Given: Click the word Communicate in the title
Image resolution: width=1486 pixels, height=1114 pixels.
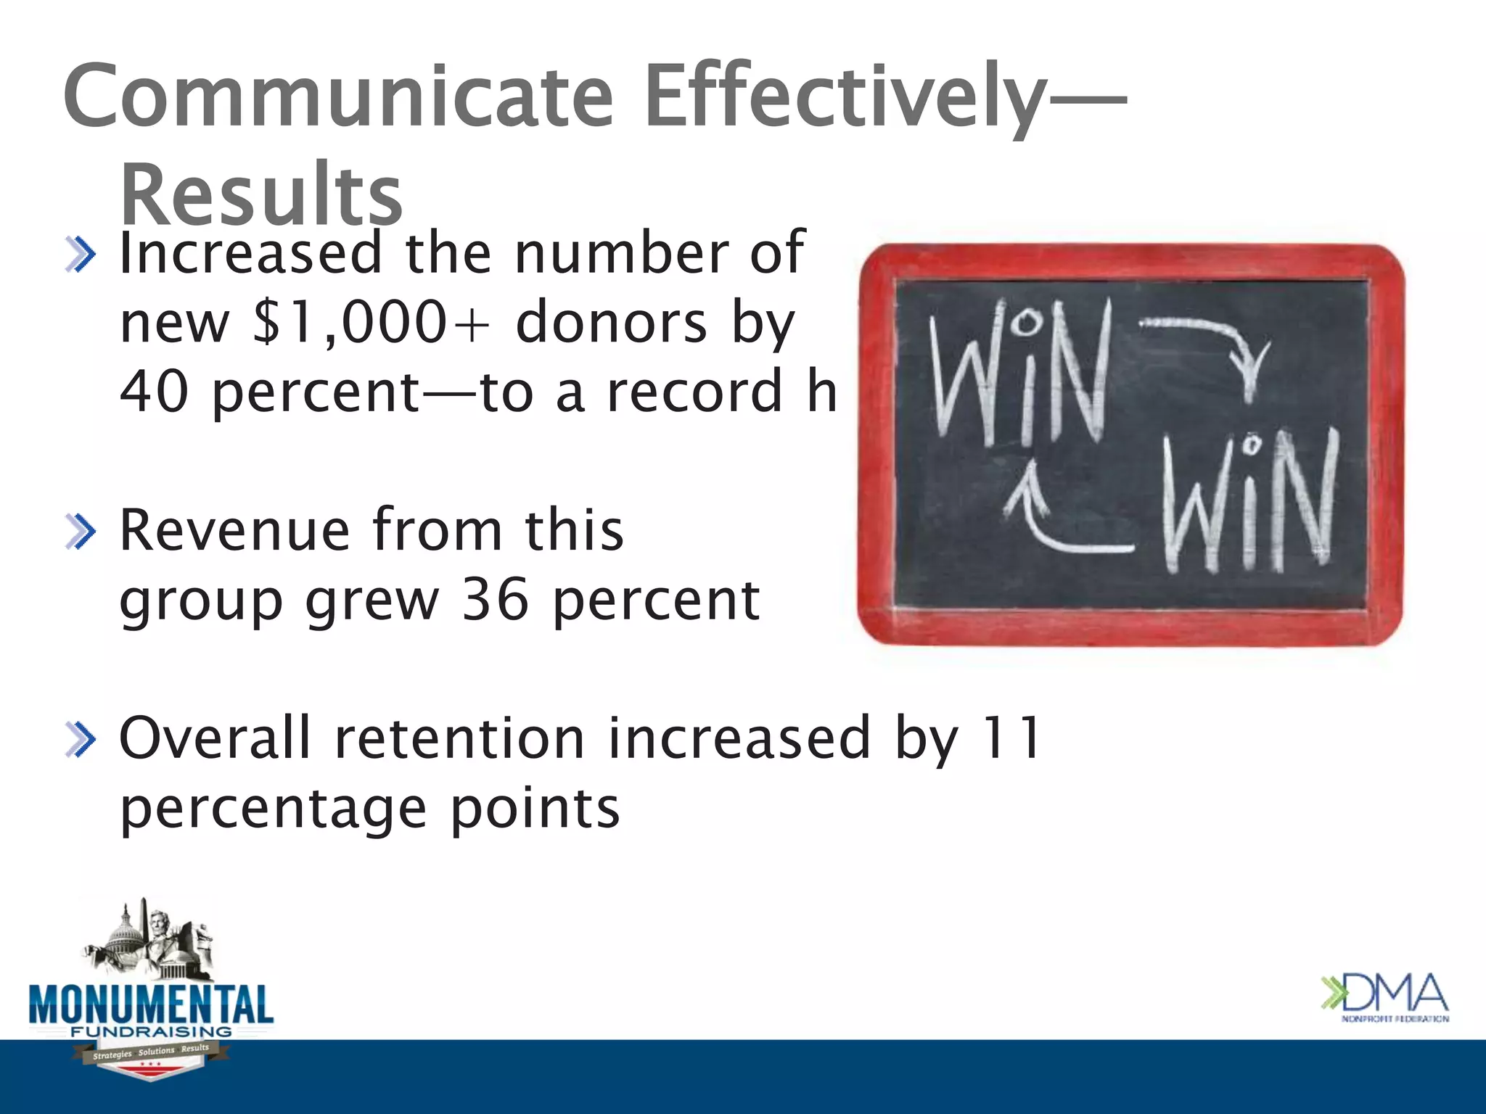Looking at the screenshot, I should [338, 96].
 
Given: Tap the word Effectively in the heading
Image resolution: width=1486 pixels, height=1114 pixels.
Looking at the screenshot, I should [845, 96].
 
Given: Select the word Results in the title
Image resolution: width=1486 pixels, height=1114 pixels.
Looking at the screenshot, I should [261, 194].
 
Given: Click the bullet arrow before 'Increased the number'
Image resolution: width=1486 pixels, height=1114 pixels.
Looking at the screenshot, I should [80, 255].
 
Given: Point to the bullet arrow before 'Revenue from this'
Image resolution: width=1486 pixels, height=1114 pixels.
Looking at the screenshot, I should [80, 532].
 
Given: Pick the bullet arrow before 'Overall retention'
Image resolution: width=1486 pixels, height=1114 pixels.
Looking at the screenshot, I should [80, 740].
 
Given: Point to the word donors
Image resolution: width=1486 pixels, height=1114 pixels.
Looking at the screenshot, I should [611, 322].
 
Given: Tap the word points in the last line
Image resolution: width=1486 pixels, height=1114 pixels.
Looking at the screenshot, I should [535, 808].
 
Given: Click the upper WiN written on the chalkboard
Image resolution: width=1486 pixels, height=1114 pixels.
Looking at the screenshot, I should [1019, 370].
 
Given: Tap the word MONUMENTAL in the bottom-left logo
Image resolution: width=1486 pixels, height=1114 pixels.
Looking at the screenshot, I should [151, 1005].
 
